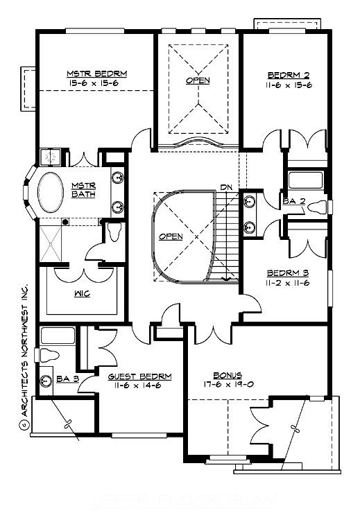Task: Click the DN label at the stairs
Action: pyautogui.click(x=225, y=187)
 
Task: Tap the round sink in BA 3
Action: pyautogui.click(x=46, y=380)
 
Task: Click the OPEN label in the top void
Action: pyautogui.click(x=197, y=80)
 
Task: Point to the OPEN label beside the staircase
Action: pyautogui.click(x=171, y=236)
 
